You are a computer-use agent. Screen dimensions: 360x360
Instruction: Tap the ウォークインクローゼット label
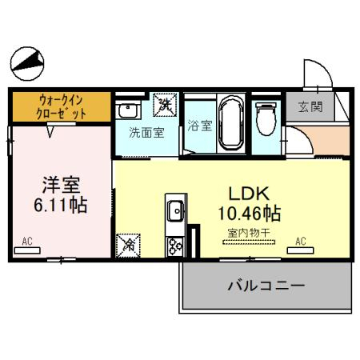(60, 106)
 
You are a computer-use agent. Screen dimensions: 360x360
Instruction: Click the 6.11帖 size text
(60, 204)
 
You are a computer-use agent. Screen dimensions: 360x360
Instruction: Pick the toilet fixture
(266, 120)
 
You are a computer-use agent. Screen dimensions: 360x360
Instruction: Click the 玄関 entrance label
(310, 106)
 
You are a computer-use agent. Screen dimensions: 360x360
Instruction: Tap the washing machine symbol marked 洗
(166, 104)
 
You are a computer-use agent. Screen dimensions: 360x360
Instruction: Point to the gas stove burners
(174, 246)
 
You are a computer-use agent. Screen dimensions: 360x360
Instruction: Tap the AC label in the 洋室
(27, 241)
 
